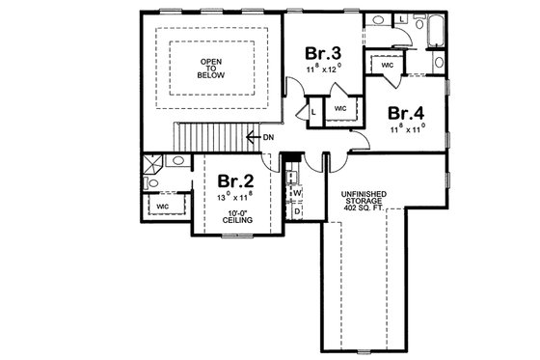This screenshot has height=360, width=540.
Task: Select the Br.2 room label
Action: [x=234, y=180]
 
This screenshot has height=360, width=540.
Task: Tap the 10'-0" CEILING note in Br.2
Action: [x=237, y=216]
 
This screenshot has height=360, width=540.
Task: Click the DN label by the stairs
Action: [x=267, y=137]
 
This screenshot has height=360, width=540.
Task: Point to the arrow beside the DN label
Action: [x=253, y=136]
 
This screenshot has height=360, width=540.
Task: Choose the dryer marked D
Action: [x=297, y=209]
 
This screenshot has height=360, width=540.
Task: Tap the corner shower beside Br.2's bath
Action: [x=151, y=165]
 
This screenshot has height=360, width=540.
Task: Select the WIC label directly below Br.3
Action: [x=340, y=109]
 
